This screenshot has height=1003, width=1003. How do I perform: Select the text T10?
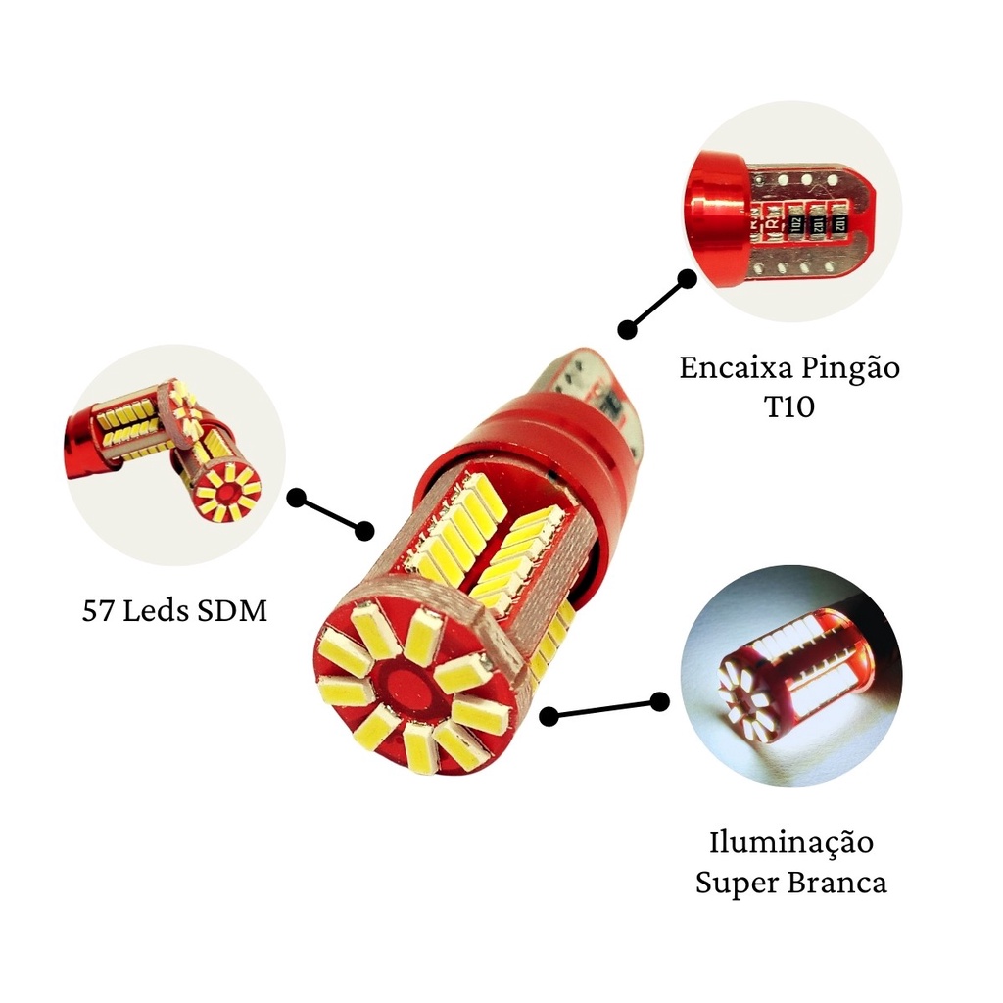(789, 406)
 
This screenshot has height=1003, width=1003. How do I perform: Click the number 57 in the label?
(98, 611)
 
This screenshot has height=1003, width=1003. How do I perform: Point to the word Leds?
(156, 610)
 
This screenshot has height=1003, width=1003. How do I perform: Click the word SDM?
(232, 611)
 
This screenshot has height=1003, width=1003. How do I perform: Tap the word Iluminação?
(791, 843)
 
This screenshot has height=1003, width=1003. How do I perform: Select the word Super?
(735, 884)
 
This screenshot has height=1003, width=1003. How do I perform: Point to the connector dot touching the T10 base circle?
(687, 279)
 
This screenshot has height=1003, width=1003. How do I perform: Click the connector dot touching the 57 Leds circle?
(296, 498)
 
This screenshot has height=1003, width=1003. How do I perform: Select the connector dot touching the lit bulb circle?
(659, 701)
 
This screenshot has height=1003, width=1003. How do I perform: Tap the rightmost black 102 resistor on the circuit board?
(839, 224)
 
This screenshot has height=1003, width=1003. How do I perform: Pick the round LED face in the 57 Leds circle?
(227, 490)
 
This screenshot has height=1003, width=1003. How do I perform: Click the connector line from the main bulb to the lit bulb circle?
(604, 709)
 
